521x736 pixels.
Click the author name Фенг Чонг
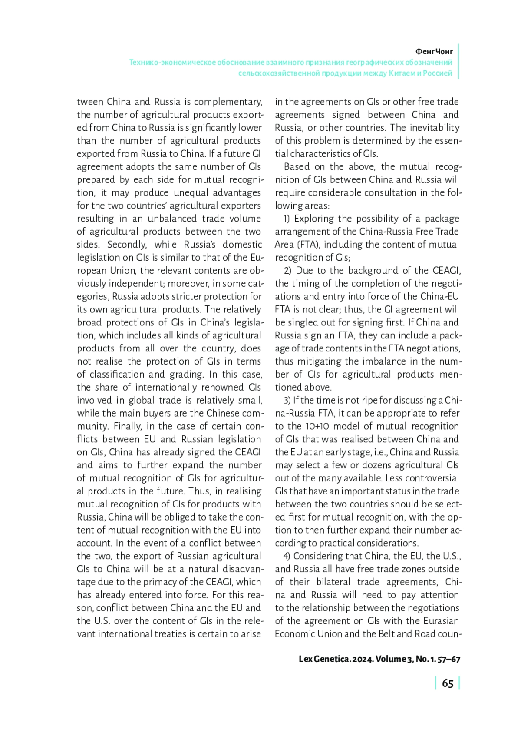click(x=434, y=51)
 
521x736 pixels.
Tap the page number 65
click(x=447, y=683)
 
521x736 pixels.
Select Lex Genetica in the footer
click(x=324, y=659)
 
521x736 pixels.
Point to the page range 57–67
click(x=449, y=659)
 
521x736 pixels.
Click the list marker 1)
click(x=287, y=219)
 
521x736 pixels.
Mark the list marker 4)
click(x=287, y=556)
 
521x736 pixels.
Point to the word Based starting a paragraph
click(x=297, y=167)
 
